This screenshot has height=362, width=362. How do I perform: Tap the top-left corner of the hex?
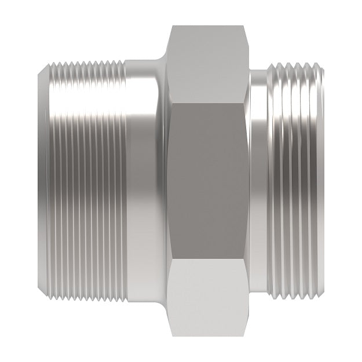(173, 26)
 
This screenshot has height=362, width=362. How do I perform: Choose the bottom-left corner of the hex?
(173, 335)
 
